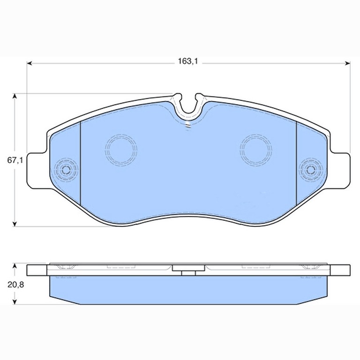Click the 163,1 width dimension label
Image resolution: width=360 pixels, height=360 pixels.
coord(187,61)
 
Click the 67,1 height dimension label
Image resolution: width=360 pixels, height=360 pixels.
coord(15,160)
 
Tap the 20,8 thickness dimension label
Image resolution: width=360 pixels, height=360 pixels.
coord(15,285)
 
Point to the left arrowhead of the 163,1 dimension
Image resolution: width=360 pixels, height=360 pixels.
coord(30,63)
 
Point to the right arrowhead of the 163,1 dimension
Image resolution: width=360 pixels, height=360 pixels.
coord(348,63)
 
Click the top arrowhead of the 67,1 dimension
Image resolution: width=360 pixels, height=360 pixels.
coord(15,96)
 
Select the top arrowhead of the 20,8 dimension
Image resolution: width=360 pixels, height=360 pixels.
coord(15,266)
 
